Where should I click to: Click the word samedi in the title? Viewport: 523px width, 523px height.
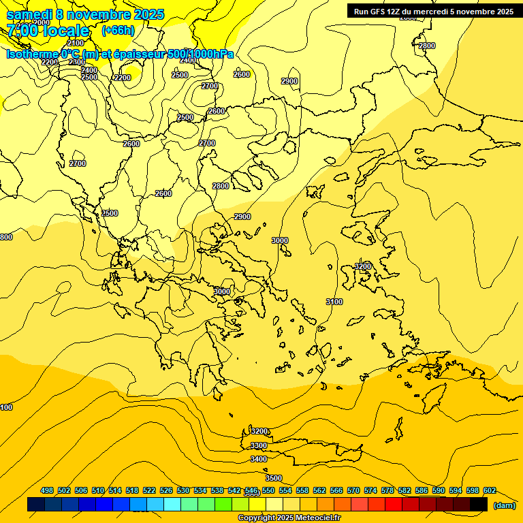29,14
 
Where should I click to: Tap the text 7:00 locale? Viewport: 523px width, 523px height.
48,31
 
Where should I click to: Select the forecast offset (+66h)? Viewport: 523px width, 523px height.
118,31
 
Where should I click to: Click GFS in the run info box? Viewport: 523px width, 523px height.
376,12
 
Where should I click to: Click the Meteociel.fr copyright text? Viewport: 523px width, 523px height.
289,518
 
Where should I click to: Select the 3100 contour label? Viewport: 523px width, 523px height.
334,302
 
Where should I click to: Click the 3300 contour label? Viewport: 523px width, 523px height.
259,445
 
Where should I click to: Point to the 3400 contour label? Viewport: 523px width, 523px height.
259,460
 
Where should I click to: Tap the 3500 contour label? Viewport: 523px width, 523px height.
274,478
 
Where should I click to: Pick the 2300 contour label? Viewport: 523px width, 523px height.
77,62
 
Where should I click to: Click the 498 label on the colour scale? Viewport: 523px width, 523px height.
47,490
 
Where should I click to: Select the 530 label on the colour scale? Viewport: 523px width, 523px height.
183,490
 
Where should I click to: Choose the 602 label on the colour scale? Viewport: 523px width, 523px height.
489,490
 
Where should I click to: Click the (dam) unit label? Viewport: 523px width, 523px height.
504,505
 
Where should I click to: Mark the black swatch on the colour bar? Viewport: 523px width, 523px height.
479,505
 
